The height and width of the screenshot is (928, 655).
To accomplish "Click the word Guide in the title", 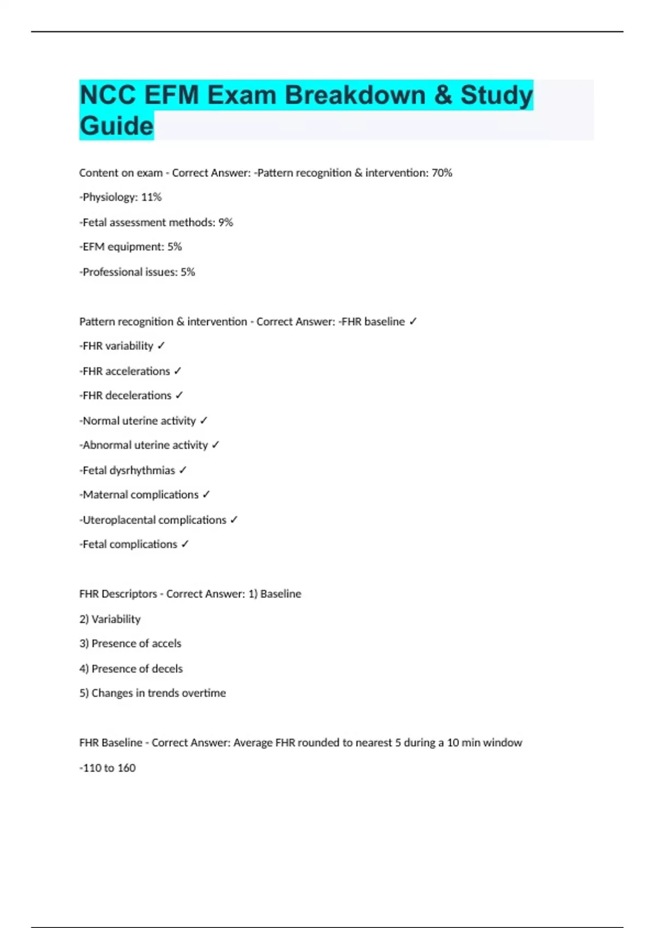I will point(116,126).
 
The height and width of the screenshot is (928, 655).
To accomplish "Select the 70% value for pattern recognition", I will point(442,173).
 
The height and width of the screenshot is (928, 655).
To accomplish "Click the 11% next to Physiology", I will point(151,197).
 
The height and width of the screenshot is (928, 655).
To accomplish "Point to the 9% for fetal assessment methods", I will point(225,222).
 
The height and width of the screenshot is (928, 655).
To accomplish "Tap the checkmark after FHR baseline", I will point(413,322).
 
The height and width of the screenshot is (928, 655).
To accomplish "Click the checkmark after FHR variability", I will point(161,346).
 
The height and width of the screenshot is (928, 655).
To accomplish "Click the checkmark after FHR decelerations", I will point(179,396).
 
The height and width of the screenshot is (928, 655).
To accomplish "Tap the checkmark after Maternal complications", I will point(206,495).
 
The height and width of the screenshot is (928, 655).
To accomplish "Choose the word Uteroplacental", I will point(116,520).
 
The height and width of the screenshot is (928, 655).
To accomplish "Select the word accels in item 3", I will point(166,644).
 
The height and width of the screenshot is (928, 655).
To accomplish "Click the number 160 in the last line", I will point(126,768).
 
